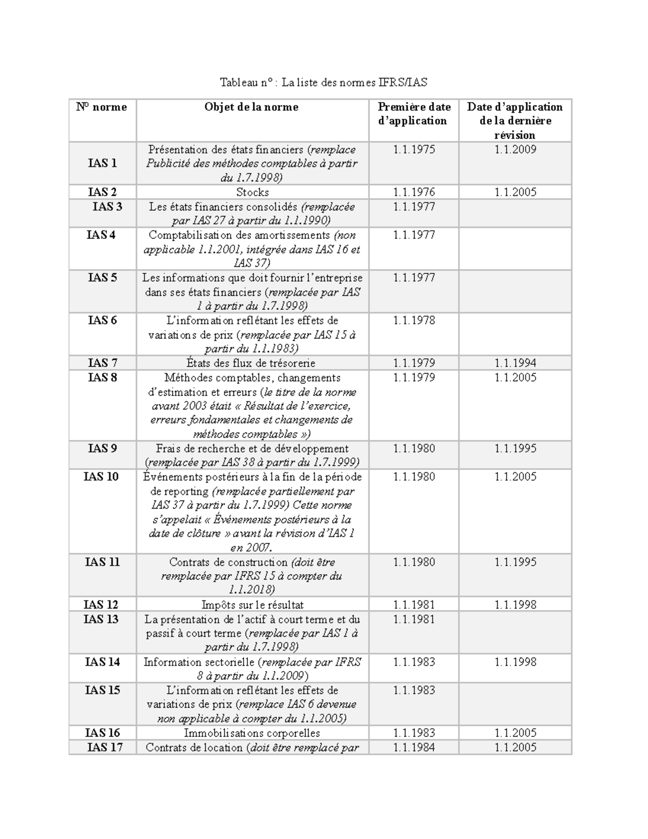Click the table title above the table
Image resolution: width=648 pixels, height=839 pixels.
point(323,83)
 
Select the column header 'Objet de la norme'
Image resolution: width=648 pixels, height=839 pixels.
point(251,107)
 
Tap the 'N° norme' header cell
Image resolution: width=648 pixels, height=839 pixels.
point(102,107)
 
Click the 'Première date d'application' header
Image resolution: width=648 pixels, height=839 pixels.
point(414,114)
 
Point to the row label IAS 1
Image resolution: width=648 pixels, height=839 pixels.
point(102,163)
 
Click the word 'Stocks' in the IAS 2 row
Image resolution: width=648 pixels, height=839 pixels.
point(252,192)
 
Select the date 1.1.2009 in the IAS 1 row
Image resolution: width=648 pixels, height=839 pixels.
point(515,150)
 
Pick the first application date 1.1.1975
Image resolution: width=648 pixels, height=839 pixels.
point(414,150)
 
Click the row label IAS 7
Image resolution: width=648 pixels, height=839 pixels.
point(102,363)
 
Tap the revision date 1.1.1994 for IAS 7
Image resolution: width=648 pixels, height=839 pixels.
point(515,363)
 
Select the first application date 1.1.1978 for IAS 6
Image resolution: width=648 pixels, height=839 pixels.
point(414,320)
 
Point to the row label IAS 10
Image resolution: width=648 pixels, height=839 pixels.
point(101,476)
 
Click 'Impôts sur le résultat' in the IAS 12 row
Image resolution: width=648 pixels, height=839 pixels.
point(252,605)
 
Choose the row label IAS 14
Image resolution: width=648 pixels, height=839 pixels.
point(102,662)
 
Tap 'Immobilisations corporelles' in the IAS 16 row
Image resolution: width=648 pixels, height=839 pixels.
point(252,733)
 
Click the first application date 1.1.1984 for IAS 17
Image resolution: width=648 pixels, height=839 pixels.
point(414,748)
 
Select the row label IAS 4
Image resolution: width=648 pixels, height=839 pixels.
point(101,235)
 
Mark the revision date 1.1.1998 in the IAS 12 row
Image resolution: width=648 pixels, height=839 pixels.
point(515,605)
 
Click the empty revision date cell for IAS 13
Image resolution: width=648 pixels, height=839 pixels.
point(515,633)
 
